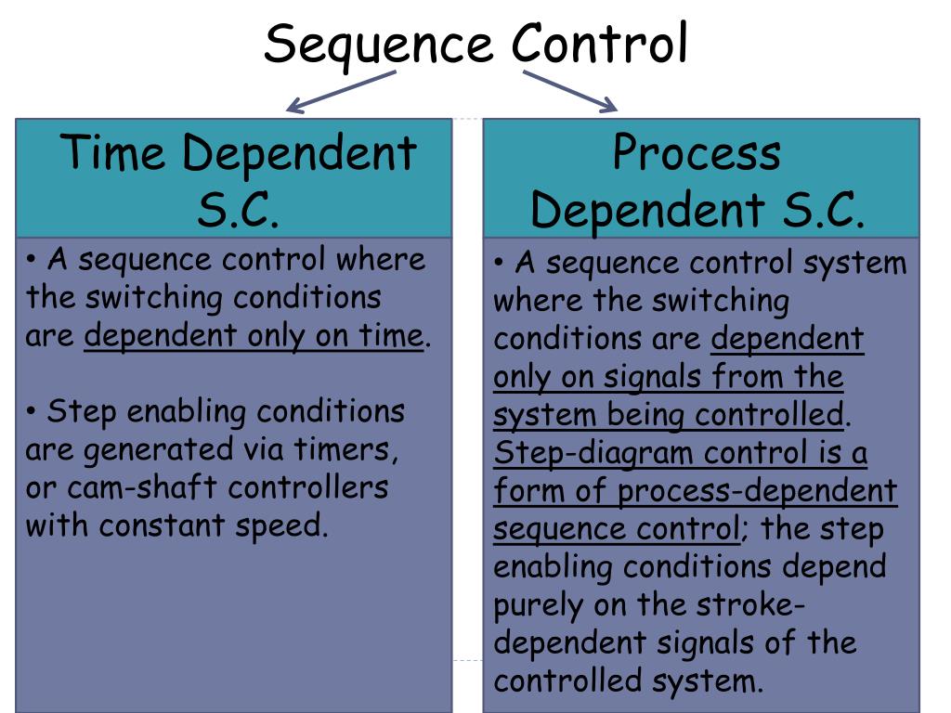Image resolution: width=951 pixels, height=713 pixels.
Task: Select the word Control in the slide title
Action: coord(599,44)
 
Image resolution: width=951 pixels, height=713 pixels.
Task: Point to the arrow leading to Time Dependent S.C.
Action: coord(341,93)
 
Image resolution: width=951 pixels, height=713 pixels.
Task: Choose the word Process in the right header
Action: coord(697,153)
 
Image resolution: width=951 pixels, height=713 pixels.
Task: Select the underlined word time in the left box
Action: coord(390,335)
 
